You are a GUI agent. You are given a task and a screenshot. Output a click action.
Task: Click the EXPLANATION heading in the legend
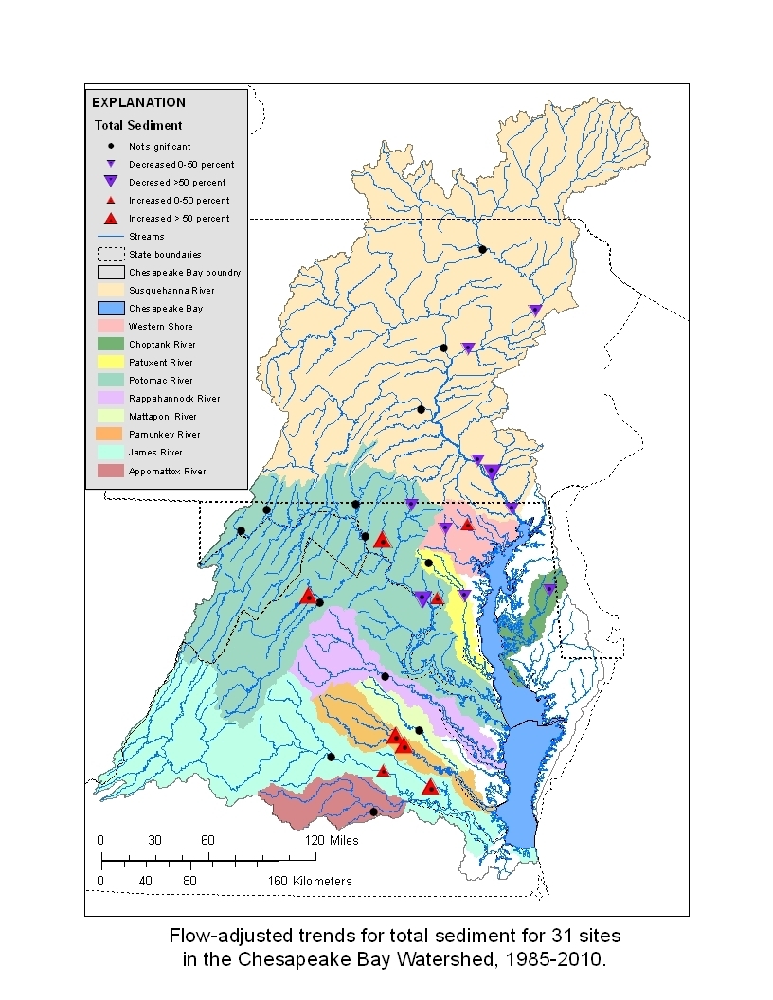click(138, 102)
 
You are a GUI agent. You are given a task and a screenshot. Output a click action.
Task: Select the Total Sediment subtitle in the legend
click(138, 125)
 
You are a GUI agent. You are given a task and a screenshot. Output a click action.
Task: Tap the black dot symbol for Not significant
click(111, 146)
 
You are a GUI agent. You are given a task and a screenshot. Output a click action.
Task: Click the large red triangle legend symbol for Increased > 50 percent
click(111, 219)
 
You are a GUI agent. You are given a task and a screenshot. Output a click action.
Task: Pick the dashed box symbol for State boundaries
click(110, 254)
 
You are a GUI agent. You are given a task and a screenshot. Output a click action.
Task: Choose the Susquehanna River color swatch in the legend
click(110, 290)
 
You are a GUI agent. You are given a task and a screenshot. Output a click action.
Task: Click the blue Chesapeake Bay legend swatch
click(110, 308)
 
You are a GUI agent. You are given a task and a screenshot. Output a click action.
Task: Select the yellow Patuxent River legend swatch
click(110, 362)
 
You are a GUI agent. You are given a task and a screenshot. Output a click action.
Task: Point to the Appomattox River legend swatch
click(110, 471)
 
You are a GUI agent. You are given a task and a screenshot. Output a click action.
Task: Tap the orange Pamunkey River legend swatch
click(110, 435)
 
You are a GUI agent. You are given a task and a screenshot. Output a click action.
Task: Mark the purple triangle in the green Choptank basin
click(549, 589)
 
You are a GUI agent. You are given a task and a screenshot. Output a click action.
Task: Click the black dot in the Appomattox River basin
click(373, 812)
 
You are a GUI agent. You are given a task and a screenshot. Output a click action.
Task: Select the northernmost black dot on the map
click(482, 249)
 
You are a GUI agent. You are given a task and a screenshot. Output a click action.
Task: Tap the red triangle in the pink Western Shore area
click(467, 524)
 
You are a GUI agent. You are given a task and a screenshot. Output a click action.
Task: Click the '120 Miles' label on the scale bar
click(332, 840)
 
